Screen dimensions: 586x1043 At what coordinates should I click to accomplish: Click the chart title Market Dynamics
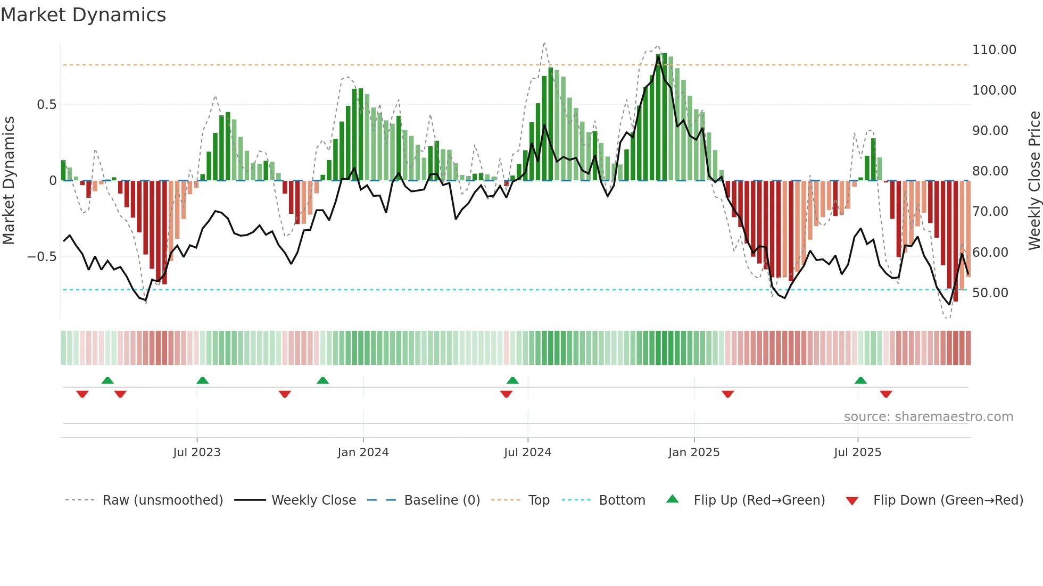(84, 15)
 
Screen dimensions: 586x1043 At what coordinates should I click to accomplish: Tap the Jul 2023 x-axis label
(196, 453)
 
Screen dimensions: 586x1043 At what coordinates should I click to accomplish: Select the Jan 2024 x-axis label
(363, 453)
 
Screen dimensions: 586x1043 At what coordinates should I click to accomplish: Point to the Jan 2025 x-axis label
(694, 453)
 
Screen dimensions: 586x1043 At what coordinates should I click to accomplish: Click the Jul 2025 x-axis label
(857, 453)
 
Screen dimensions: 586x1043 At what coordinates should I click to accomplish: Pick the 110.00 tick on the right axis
(994, 50)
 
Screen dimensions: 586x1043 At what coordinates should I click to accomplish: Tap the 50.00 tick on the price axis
(990, 293)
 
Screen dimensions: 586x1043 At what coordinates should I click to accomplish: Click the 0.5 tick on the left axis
(46, 105)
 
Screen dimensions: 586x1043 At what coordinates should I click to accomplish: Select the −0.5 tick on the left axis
(42, 257)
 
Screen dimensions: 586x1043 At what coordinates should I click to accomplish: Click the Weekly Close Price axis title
(1034, 180)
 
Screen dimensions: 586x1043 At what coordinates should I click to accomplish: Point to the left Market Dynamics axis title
(9, 180)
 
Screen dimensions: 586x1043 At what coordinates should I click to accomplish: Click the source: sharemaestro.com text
(928, 417)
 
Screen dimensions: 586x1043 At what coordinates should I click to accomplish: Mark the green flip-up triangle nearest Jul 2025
(860, 380)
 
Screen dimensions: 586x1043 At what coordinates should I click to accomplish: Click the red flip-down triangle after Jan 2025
(727, 394)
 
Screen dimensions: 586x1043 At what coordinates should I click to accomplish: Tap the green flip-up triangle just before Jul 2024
(512, 380)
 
